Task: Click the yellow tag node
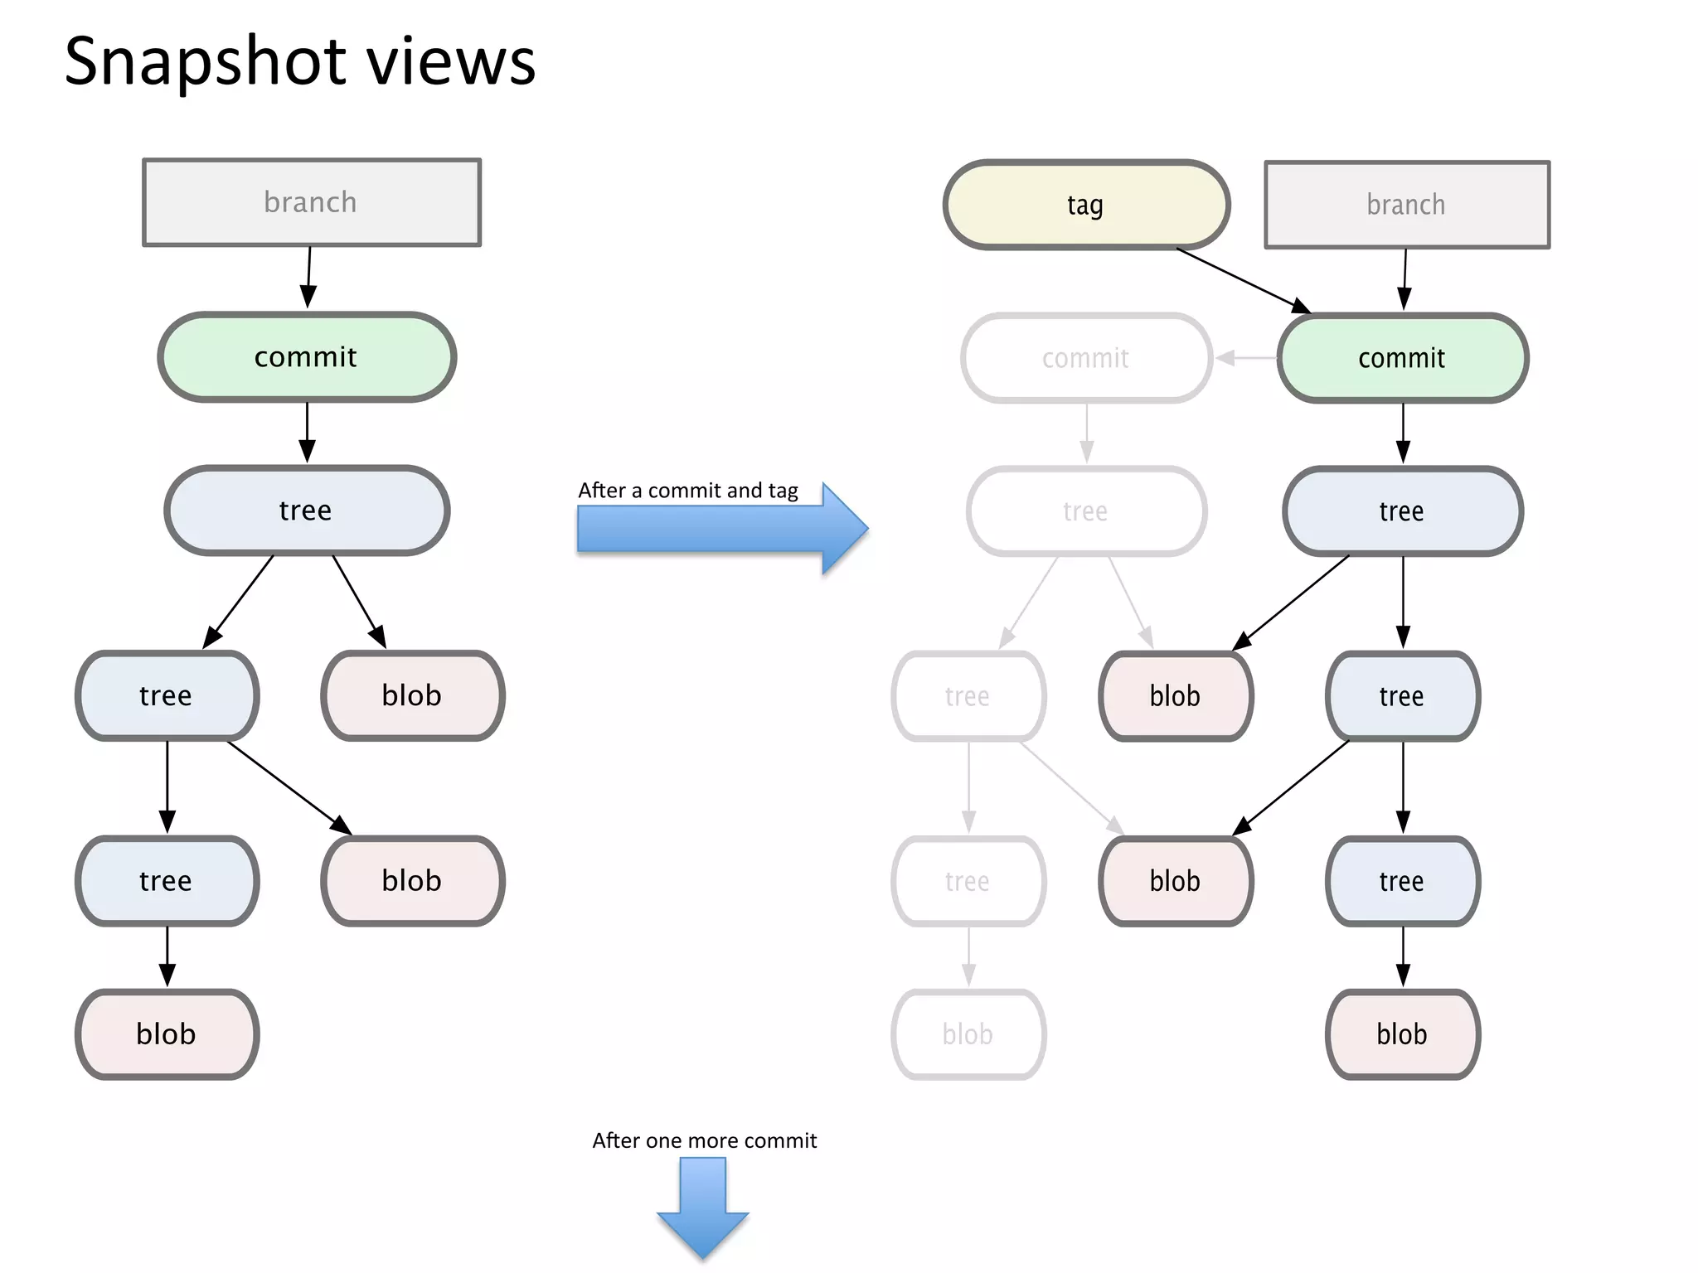[x=1086, y=205]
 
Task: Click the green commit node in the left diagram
[x=307, y=357]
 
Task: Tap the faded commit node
[x=1086, y=358]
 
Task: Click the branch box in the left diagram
[x=311, y=202]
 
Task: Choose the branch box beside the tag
[x=1406, y=205]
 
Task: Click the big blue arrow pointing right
[x=721, y=530]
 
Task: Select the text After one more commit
[x=704, y=1140]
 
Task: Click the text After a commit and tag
[x=687, y=491]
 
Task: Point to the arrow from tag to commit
[x=1244, y=281]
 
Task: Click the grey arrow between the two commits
[x=1245, y=358]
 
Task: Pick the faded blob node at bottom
[x=968, y=1034]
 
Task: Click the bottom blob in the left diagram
[x=167, y=1034]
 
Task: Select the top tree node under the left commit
[x=307, y=511]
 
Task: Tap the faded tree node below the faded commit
[x=1086, y=511]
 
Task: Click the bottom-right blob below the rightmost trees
[x=1402, y=1034]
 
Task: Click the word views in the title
[x=452, y=62]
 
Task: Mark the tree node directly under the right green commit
[x=1402, y=511]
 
